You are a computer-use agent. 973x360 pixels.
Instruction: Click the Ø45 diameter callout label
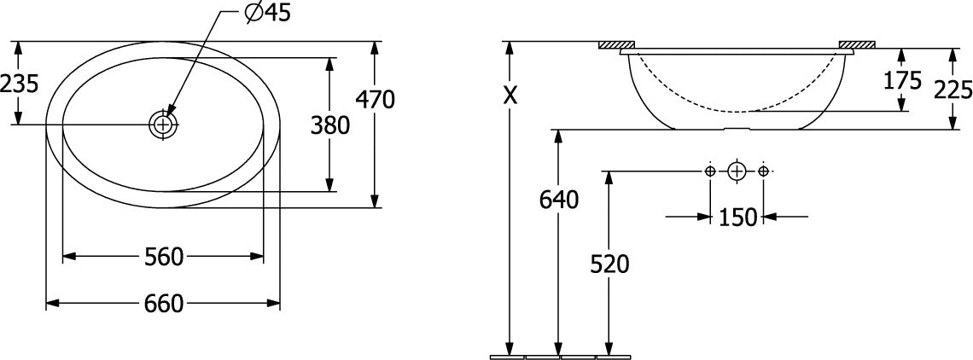pos(268,13)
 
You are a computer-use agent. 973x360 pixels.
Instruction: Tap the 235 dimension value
pos(20,83)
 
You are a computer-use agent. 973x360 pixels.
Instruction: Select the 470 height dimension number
pos(376,99)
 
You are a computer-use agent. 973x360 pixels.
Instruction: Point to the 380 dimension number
pos(330,126)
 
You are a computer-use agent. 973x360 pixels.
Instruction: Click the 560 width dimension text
pos(164,256)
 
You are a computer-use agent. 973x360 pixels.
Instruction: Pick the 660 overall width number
pos(164,304)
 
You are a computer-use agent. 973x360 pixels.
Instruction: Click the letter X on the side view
pos(510,95)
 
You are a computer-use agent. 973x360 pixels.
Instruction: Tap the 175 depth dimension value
pos(902,81)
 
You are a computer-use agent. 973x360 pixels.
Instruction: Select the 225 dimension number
pos(953,90)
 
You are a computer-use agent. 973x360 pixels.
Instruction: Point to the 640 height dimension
pos(559,200)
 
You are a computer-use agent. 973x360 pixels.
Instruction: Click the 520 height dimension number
pos(609,264)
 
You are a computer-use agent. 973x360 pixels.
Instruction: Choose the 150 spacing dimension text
pos(737,218)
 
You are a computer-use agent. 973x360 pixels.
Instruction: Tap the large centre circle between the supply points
pos(737,171)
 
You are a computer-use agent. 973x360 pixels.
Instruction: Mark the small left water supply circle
pos(710,171)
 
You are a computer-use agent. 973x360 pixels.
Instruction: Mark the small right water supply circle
pos(764,171)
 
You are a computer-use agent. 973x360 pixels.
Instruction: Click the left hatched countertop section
pos(616,44)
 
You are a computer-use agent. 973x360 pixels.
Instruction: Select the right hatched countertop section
pos(856,44)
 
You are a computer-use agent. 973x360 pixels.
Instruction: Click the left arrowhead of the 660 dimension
pos(53,304)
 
